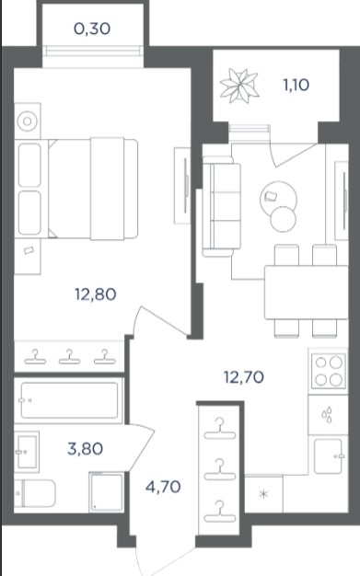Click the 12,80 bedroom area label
pyautogui.click(x=96, y=294)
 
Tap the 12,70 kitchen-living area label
pyautogui.click(x=244, y=377)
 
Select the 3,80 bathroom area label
pyautogui.click(x=86, y=448)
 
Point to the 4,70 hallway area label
pyautogui.click(x=163, y=487)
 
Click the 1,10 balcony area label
pyautogui.click(x=296, y=85)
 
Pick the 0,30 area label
pyautogui.click(x=92, y=29)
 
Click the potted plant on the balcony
pyautogui.click(x=239, y=86)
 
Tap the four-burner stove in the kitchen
pyautogui.click(x=328, y=371)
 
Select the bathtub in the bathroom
pyautogui.click(x=69, y=400)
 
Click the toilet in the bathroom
pyautogui.click(x=35, y=493)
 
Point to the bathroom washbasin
pyautogui.click(x=27, y=452)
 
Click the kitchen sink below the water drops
pyautogui.click(x=329, y=456)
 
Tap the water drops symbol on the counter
pyautogui.click(x=327, y=414)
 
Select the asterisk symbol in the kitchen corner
pyautogui.click(x=263, y=494)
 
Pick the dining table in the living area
pyautogui.click(x=306, y=292)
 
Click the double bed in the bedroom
pyautogui.click(x=93, y=189)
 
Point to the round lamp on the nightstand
pyautogui.click(x=28, y=121)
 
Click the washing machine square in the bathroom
pyautogui.click(x=107, y=492)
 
